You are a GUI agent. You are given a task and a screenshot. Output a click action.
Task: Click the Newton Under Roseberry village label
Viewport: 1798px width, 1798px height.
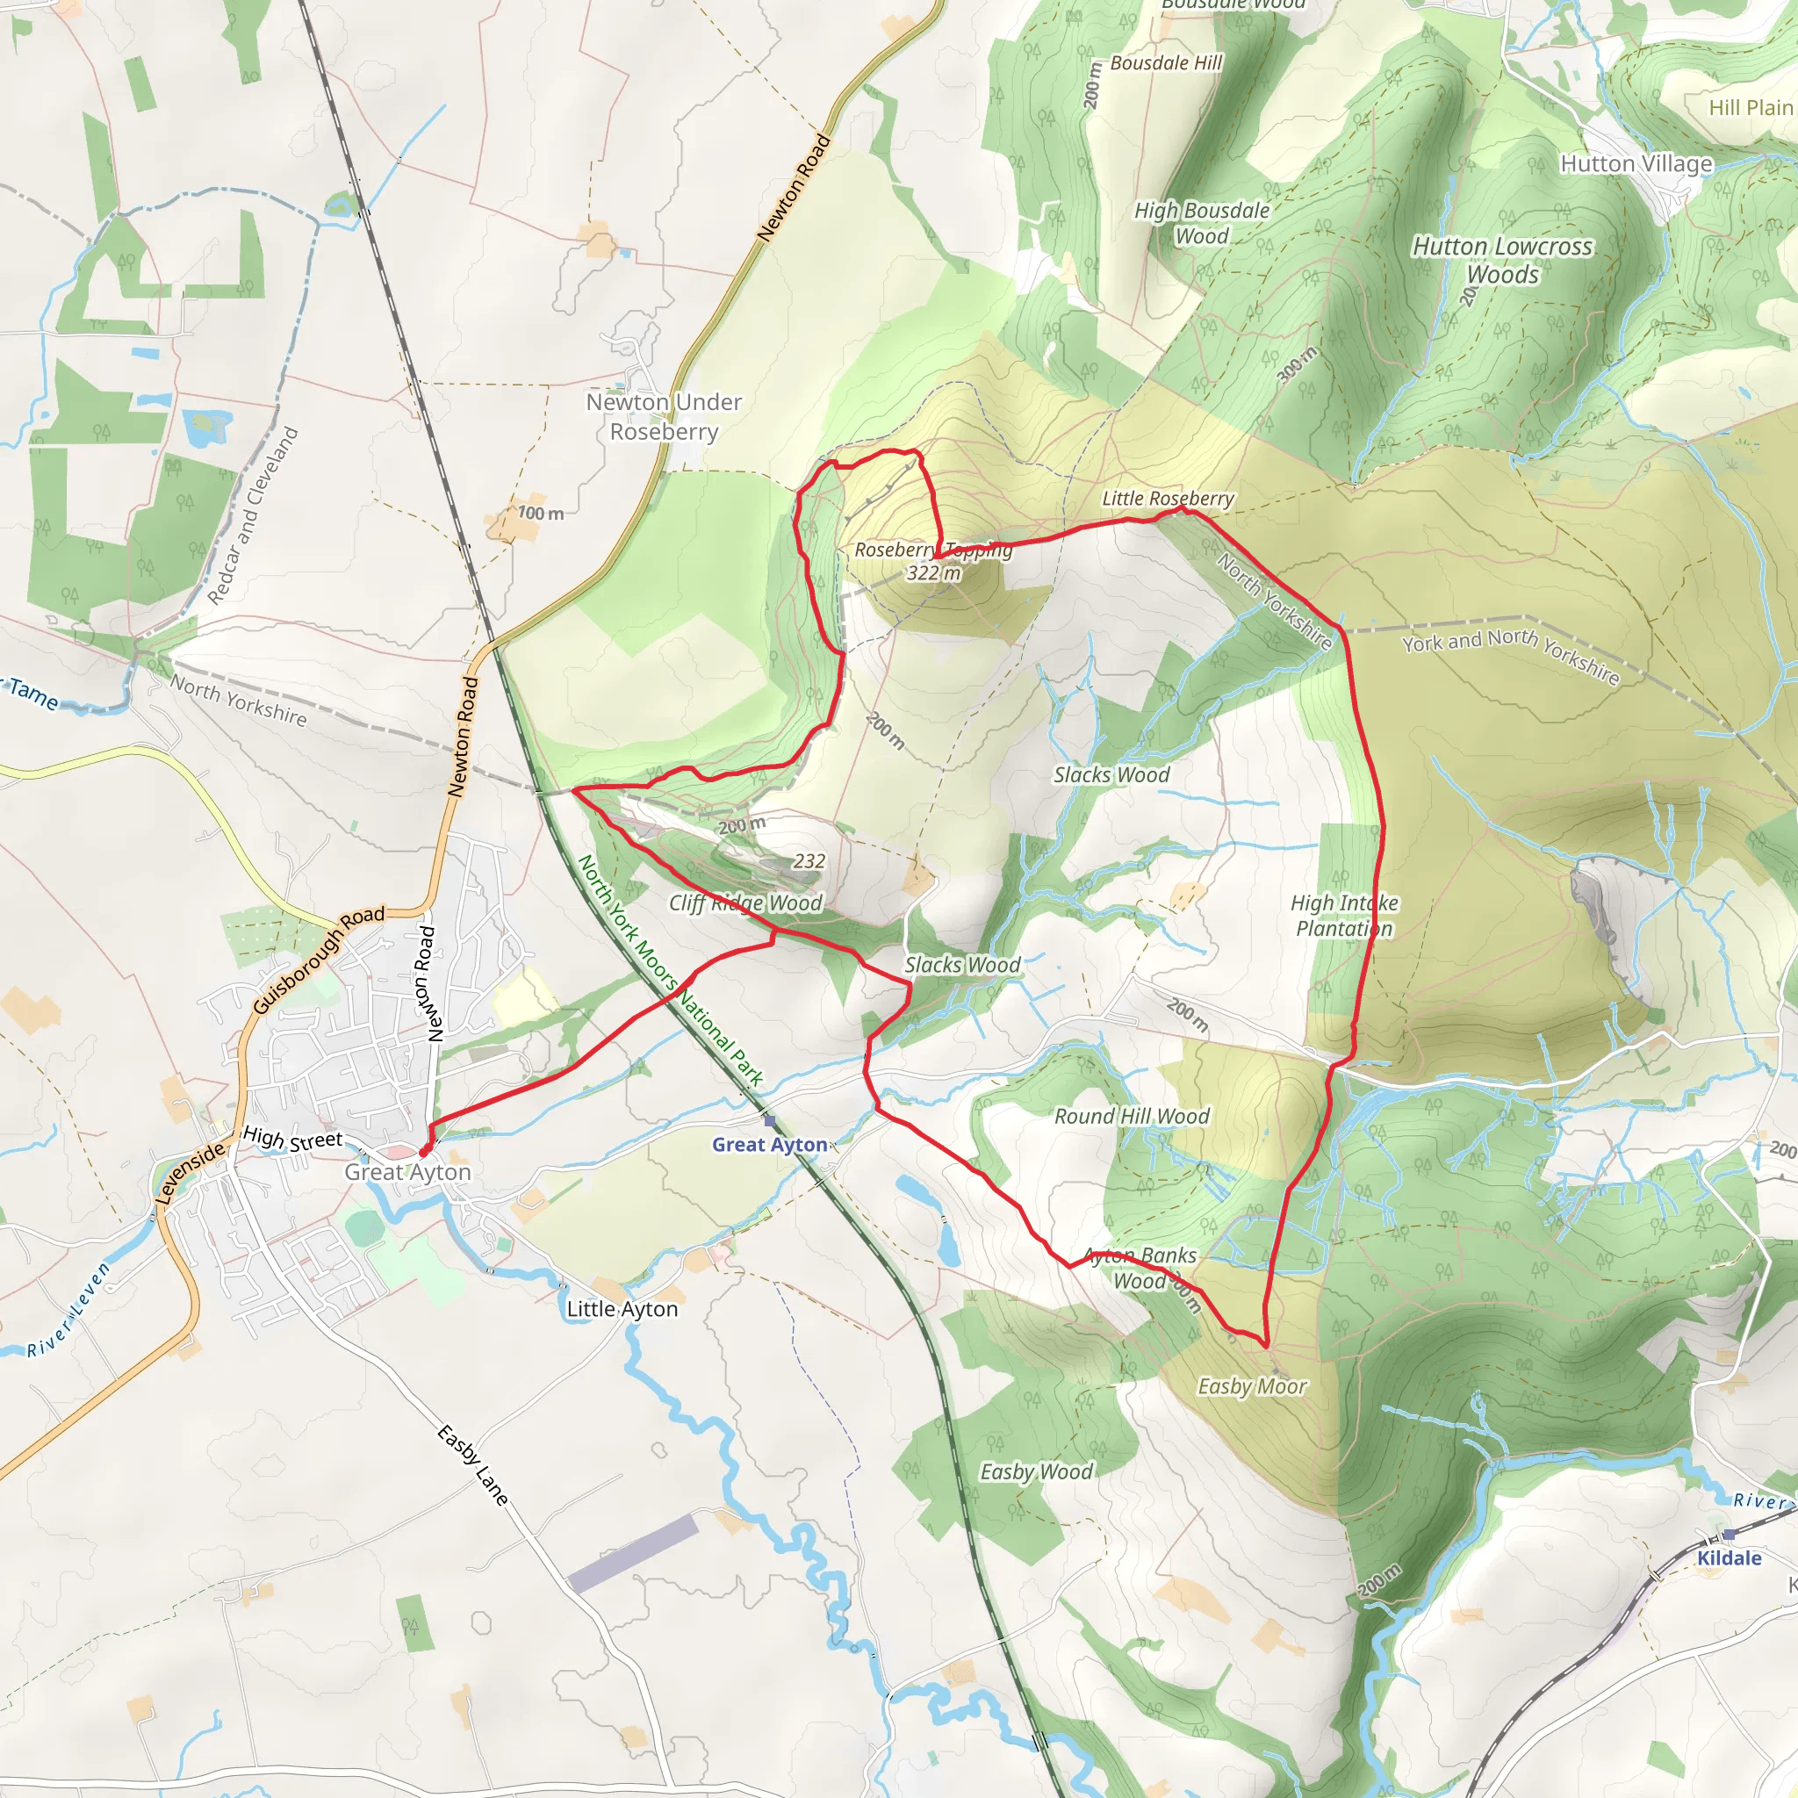pyautogui.click(x=664, y=416)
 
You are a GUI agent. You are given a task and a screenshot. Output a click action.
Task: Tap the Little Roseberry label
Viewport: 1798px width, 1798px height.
pyautogui.click(x=1167, y=499)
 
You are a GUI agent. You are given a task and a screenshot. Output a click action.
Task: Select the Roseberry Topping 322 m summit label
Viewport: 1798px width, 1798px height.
pyautogui.click(x=932, y=561)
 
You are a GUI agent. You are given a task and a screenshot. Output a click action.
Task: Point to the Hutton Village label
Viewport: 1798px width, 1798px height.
pyautogui.click(x=1636, y=164)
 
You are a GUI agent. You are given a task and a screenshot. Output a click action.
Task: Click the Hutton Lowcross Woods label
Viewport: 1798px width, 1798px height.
pyautogui.click(x=1502, y=260)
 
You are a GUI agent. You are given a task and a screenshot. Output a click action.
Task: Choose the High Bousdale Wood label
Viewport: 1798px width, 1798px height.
pyautogui.click(x=1202, y=223)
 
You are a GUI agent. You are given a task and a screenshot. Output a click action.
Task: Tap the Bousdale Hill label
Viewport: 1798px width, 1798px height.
pyautogui.click(x=1166, y=63)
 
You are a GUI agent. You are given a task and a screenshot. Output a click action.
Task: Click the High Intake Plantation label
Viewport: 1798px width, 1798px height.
pyautogui.click(x=1344, y=915)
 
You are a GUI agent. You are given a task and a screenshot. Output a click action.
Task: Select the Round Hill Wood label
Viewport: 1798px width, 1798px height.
pyautogui.click(x=1132, y=1116)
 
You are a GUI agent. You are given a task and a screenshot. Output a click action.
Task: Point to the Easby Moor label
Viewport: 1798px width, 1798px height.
pyautogui.click(x=1252, y=1386)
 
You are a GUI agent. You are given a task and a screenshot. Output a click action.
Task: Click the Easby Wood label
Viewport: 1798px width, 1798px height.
pyautogui.click(x=1036, y=1471)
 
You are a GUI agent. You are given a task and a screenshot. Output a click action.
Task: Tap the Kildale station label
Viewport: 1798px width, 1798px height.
pyautogui.click(x=1730, y=1558)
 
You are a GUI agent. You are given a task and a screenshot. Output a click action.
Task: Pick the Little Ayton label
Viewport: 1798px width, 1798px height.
pyautogui.click(x=622, y=1308)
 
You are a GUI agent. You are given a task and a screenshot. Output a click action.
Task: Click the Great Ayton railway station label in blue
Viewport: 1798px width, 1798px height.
pyautogui.click(x=770, y=1145)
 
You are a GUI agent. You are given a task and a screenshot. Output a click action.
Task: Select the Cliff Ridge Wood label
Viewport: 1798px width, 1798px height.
pyautogui.click(x=745, y=903)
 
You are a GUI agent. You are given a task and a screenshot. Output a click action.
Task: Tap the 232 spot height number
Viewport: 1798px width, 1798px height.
pyautogui.click(x=809, y=861)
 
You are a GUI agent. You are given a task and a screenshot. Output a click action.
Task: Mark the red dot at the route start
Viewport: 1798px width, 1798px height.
pyautogui.click(x=424, y=1151)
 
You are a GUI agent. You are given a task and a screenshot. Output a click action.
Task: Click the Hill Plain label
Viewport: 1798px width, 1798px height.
pyautogui.click(x=1751, y=108)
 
